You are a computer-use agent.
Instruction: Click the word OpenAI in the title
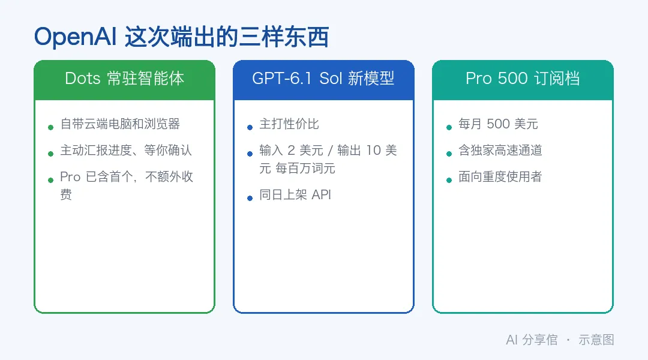75,37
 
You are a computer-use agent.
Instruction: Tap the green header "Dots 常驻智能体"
124,78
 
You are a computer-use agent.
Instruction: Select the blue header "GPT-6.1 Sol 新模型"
323,78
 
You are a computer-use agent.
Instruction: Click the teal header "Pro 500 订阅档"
523,78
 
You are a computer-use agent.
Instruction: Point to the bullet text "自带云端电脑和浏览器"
120,124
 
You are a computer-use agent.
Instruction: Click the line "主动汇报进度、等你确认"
126,150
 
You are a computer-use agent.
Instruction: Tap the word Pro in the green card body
70,177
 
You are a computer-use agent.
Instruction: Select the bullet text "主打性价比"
289,124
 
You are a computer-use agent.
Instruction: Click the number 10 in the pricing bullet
373,150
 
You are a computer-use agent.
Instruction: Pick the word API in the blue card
321,194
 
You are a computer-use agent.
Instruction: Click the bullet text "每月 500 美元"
498,124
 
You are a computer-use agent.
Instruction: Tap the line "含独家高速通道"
500,150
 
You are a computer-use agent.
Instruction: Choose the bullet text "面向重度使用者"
500,176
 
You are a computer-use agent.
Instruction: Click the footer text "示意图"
596,340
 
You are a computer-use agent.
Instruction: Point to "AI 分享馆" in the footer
532,340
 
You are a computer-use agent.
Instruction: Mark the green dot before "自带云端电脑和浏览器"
51,127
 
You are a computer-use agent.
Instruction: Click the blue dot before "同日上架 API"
250,199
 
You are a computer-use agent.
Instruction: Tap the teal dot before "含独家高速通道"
449,154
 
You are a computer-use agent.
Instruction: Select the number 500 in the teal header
512,78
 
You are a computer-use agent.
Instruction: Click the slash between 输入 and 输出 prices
330,151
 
